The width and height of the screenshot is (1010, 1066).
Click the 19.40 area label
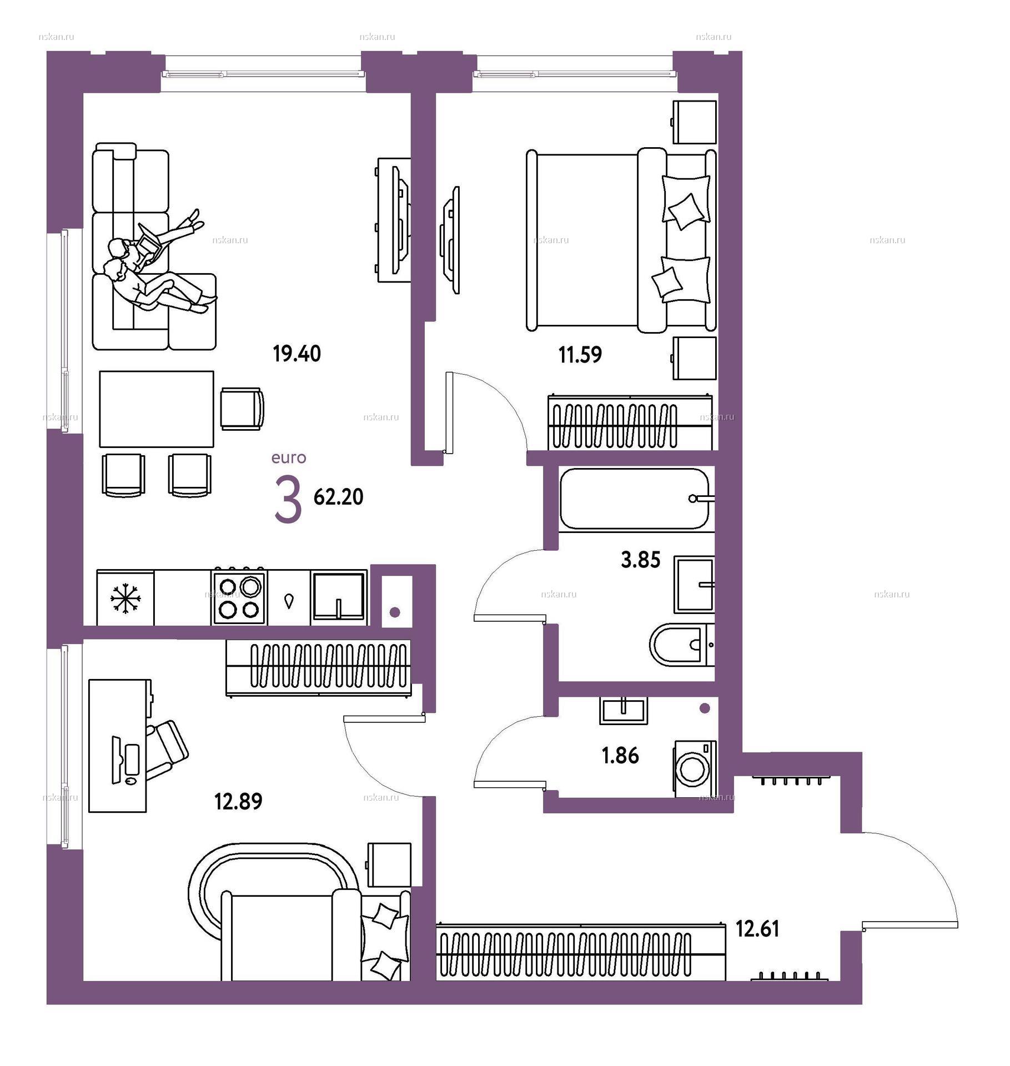(x=297, y=354)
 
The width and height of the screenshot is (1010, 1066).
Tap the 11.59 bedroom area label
(x=580, y=354)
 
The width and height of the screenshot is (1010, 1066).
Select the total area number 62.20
(x=338, y=497)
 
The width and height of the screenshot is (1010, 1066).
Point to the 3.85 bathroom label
(x=640, y=560)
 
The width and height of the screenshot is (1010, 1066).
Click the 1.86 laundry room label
(x=620, y=756)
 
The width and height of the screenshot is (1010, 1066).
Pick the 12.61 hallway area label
(x=757, y=929)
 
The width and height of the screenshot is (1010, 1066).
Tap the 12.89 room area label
(x=238, y=802)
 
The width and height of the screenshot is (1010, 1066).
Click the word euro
(x=289, y=458)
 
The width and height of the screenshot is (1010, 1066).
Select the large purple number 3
(x=288, y=501)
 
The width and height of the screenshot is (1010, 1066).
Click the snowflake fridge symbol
(x=125, y=598)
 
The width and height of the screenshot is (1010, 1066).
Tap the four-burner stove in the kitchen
(x=239, y=596)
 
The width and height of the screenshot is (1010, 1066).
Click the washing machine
(x=695, y=769)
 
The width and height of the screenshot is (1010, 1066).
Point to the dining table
(x=157, y=409)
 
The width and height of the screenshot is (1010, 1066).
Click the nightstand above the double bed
(x=694, y=122)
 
